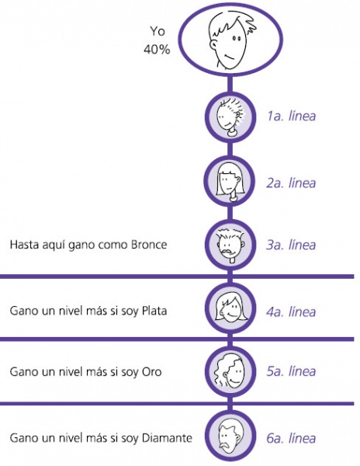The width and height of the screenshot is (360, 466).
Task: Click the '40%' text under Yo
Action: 157,49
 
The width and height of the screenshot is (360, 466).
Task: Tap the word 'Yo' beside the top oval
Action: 157,31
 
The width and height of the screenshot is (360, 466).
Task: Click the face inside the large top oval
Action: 232,41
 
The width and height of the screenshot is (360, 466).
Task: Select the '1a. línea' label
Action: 291,116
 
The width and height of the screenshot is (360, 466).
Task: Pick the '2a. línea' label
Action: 291,183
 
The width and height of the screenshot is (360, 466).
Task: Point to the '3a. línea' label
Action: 291,245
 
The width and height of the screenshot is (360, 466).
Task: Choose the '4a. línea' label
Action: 291,311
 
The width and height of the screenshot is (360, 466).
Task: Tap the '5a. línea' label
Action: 291,371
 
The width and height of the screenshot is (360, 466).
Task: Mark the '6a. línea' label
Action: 291,438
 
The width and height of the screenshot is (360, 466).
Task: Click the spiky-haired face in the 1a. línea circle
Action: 230,117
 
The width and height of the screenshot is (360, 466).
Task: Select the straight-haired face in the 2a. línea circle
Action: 230,182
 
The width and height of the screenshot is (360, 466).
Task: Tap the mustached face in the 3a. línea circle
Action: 230,245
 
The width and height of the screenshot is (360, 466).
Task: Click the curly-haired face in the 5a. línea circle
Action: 230,371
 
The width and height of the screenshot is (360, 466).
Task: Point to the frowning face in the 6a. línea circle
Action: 230,436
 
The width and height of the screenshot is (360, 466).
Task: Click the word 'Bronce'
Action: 149,245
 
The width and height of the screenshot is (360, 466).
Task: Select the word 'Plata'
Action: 154,311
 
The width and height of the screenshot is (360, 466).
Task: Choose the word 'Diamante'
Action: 167,438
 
